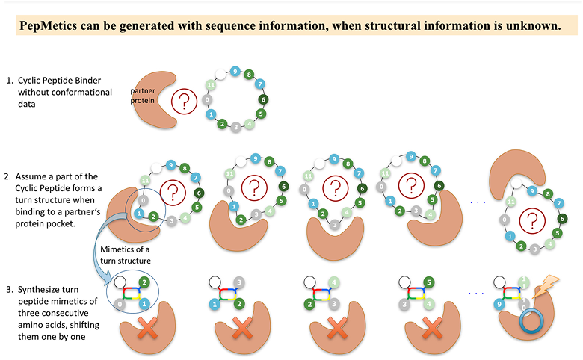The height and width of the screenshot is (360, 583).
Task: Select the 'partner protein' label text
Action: (143, 96)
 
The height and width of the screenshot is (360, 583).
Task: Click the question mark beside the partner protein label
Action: (184, 101)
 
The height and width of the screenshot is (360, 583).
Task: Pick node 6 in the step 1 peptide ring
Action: (263, 99)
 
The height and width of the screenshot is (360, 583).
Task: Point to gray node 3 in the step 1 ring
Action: (235, 128)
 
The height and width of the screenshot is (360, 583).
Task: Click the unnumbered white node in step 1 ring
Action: (220, 75)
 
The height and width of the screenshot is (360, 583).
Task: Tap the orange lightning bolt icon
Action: (546, 287)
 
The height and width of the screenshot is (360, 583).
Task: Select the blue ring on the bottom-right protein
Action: (531, 321)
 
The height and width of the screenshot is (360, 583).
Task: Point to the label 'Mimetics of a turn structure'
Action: (126, 255)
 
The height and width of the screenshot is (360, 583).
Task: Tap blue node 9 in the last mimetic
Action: (499, 304)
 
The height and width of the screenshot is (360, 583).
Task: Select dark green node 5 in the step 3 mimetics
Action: (429, 282)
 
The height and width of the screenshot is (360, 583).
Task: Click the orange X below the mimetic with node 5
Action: (432, 328)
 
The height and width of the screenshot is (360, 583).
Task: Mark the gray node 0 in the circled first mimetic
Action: (120, 304)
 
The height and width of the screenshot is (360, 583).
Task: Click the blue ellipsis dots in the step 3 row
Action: (476, 293)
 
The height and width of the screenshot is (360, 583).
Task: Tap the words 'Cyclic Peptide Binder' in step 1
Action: (60, 80)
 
